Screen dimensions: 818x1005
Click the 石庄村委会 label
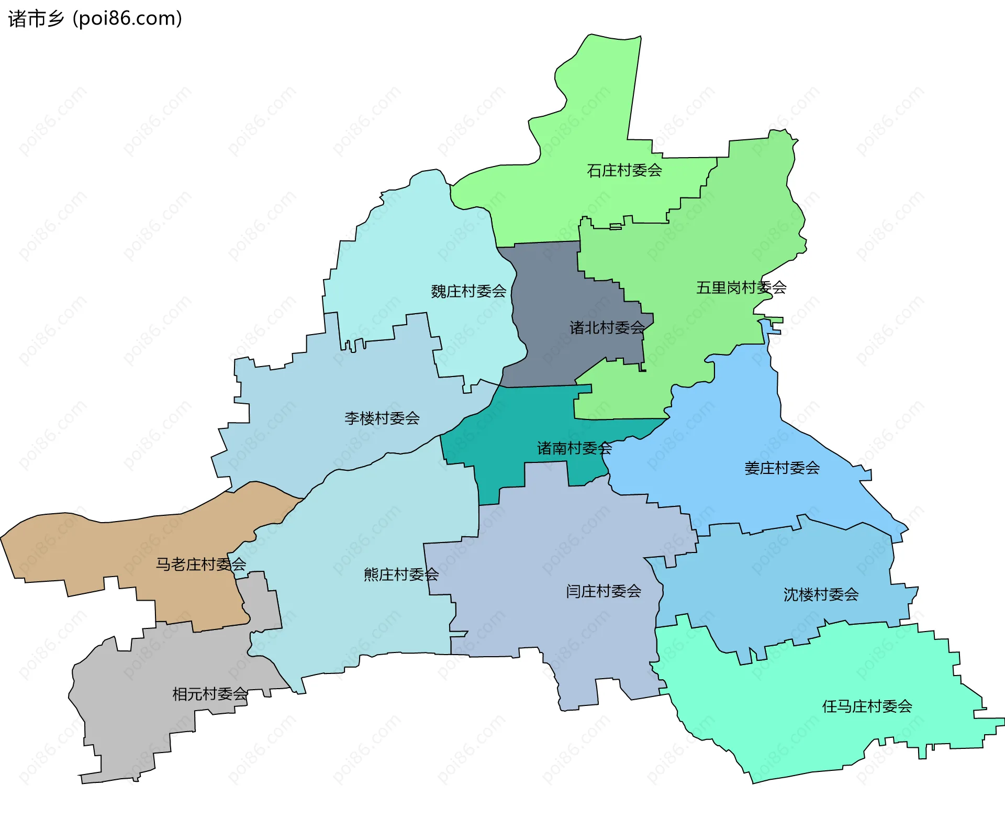[x=624, y=171]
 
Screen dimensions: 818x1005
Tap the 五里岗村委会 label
[x=741, y=288]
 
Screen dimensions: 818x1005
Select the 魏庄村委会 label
[x=468, y=291]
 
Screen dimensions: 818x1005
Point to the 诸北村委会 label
[x=607, y=328]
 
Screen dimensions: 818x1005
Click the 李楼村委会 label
[x=382, y=418]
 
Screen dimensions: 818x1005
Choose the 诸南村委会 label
[x=574, y=448]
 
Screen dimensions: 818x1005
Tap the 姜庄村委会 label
[x=781, y=468]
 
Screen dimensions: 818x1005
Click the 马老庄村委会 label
[x=200, y=564]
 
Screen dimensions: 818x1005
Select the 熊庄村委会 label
[x=401, y=574]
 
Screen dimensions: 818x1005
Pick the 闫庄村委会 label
[x=604, y=591]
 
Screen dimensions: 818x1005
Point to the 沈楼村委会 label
[x=821, y=594]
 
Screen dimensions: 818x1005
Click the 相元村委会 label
[x=210, y=694]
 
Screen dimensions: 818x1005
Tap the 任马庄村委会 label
[x=867, y=706]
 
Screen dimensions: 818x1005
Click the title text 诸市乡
[x=36, y=19]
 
